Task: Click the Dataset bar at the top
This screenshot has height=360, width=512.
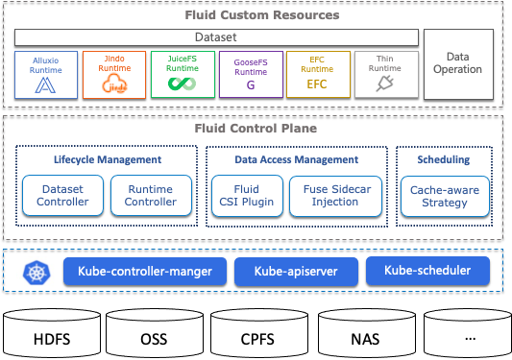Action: coord(216,37)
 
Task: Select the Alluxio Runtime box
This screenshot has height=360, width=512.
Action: coord(46,74)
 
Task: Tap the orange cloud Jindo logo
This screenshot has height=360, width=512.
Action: coord(113,85)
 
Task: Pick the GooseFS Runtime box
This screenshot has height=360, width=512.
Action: coord(250,74)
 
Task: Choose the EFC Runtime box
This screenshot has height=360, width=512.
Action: coord(317,74)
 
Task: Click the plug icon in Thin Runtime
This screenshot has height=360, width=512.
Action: coord(384,85)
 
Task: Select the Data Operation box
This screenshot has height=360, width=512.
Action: coord(457,63)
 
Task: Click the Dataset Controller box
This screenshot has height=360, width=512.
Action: coord(62,195)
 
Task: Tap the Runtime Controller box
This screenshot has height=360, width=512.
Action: coord(151,195)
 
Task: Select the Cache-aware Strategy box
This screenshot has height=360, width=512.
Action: coord(445,195)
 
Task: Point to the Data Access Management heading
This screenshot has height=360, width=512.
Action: coord(297,159)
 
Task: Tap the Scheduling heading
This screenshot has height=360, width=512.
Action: coord(445,159)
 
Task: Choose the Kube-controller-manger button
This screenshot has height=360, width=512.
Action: coord(145,272)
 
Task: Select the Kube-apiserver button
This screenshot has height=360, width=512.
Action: coord(296,272)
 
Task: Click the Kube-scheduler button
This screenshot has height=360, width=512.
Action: coord(427,272)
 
